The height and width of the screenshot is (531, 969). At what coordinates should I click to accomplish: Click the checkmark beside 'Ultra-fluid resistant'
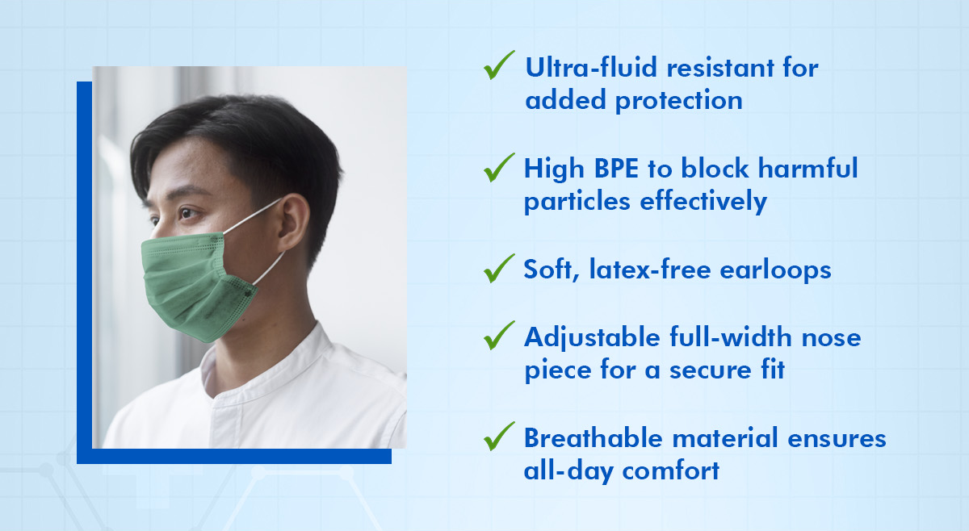(x=498, y=65)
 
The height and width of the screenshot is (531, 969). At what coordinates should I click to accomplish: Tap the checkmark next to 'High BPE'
(x=498, y=168)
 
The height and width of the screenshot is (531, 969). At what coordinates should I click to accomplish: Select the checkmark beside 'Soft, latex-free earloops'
(x=498, y=269)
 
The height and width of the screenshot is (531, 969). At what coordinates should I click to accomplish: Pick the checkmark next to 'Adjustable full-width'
(x=498, y=336)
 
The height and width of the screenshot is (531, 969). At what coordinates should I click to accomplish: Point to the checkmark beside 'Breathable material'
(x=498, y=437)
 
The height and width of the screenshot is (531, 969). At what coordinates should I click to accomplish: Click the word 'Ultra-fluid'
(x=591, y=68)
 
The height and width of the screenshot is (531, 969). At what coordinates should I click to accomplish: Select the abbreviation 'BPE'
(x=616, y=168)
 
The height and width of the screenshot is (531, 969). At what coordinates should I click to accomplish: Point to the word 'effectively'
(x=703, y=202)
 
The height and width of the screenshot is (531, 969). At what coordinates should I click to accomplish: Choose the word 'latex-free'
(x=650, y=269)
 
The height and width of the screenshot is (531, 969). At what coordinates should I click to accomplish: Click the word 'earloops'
(x=775, y=270)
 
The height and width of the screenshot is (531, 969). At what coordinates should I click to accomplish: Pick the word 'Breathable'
(x=593, y=438)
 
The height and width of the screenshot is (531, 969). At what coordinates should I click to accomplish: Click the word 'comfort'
(x=670, y=470)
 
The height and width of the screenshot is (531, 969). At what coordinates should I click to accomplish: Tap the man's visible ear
(x=293, y=223)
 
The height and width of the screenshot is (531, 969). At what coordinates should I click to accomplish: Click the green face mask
(x=197, y=286)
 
